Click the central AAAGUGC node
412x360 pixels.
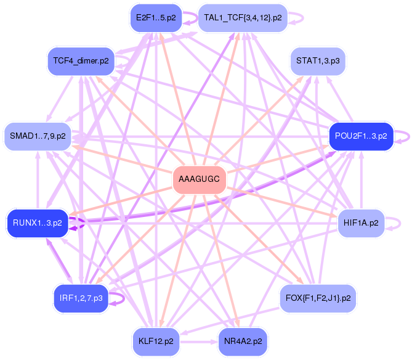[x=199, y=179]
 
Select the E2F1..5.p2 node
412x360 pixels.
[x=155, y=17]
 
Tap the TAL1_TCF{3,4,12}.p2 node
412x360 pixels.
[x=243, y=17]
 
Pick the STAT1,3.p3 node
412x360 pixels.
[x=317, y=60]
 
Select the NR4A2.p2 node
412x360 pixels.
[x=242, y=340]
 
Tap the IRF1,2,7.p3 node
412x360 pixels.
[x=81, y=298]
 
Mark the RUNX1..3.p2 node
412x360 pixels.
[x=36, y=223]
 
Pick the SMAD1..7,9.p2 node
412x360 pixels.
[x=37, y=135]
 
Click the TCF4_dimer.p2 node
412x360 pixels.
[x=81, y=60]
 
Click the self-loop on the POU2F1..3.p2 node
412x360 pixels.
[x=401, y=136]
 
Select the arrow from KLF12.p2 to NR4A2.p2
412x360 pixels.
[x=199, y=340]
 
